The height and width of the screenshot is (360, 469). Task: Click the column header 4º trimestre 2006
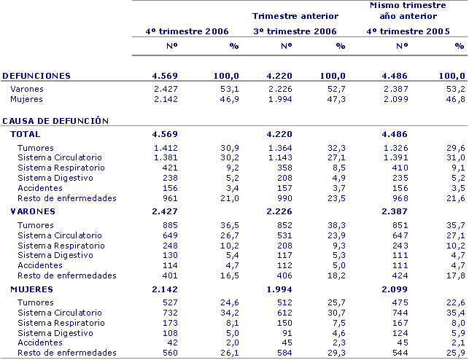tap(186, 31)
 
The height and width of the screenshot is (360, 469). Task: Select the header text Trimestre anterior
tap(295, 15)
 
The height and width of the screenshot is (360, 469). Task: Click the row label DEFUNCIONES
tap(37, 76)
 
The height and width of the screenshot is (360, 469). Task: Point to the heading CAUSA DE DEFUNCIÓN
tap(55, 121)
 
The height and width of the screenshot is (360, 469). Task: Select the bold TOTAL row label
tap(26, 134)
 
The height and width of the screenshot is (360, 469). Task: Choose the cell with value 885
tap(170, 226)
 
